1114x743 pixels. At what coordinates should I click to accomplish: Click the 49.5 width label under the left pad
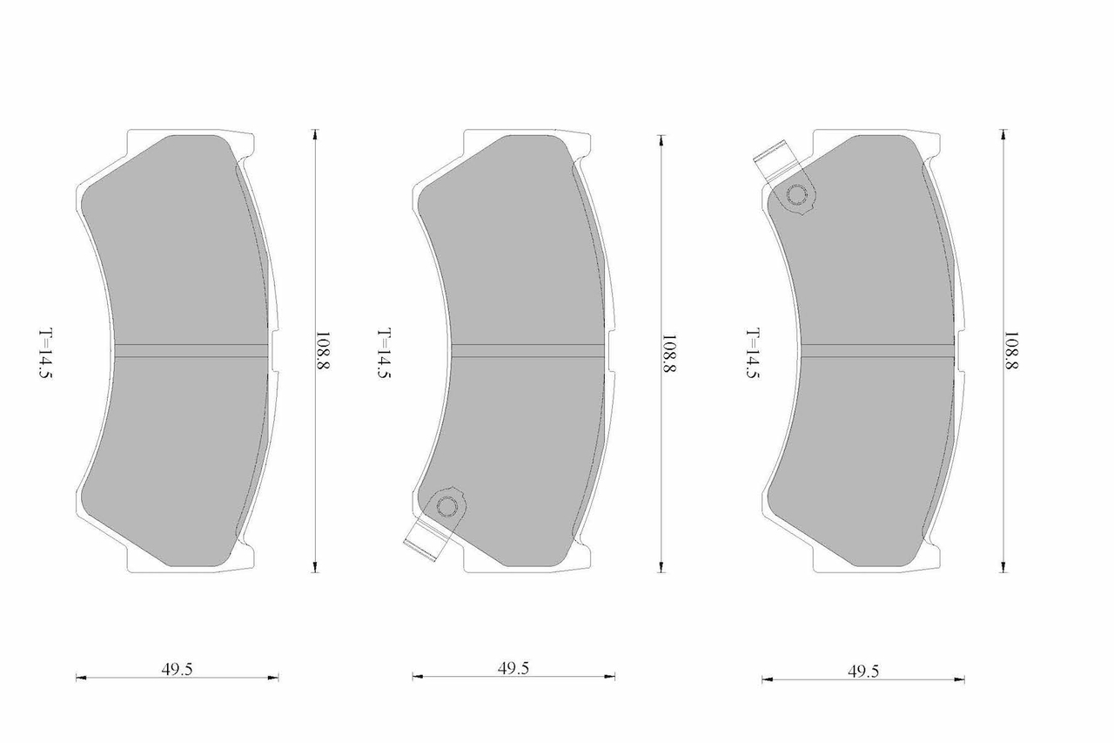click(177, 669)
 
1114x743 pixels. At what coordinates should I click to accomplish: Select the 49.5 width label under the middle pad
click(513, 668)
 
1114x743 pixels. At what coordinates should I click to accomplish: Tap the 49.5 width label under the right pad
click(863, 672)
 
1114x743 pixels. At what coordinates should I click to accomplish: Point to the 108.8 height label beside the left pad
click(323, 350)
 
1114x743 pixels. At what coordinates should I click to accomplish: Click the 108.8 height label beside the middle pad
click(668, 355)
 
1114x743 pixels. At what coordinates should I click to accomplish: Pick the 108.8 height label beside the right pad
click(1011, 350)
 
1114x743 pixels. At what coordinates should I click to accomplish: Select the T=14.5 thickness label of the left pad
click(46, 354)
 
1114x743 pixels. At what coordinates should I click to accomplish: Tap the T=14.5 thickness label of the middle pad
click(384, 354)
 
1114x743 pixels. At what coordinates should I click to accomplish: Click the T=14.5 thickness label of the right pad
click(753, 354)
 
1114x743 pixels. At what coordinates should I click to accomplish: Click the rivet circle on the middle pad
click(446, 507)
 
